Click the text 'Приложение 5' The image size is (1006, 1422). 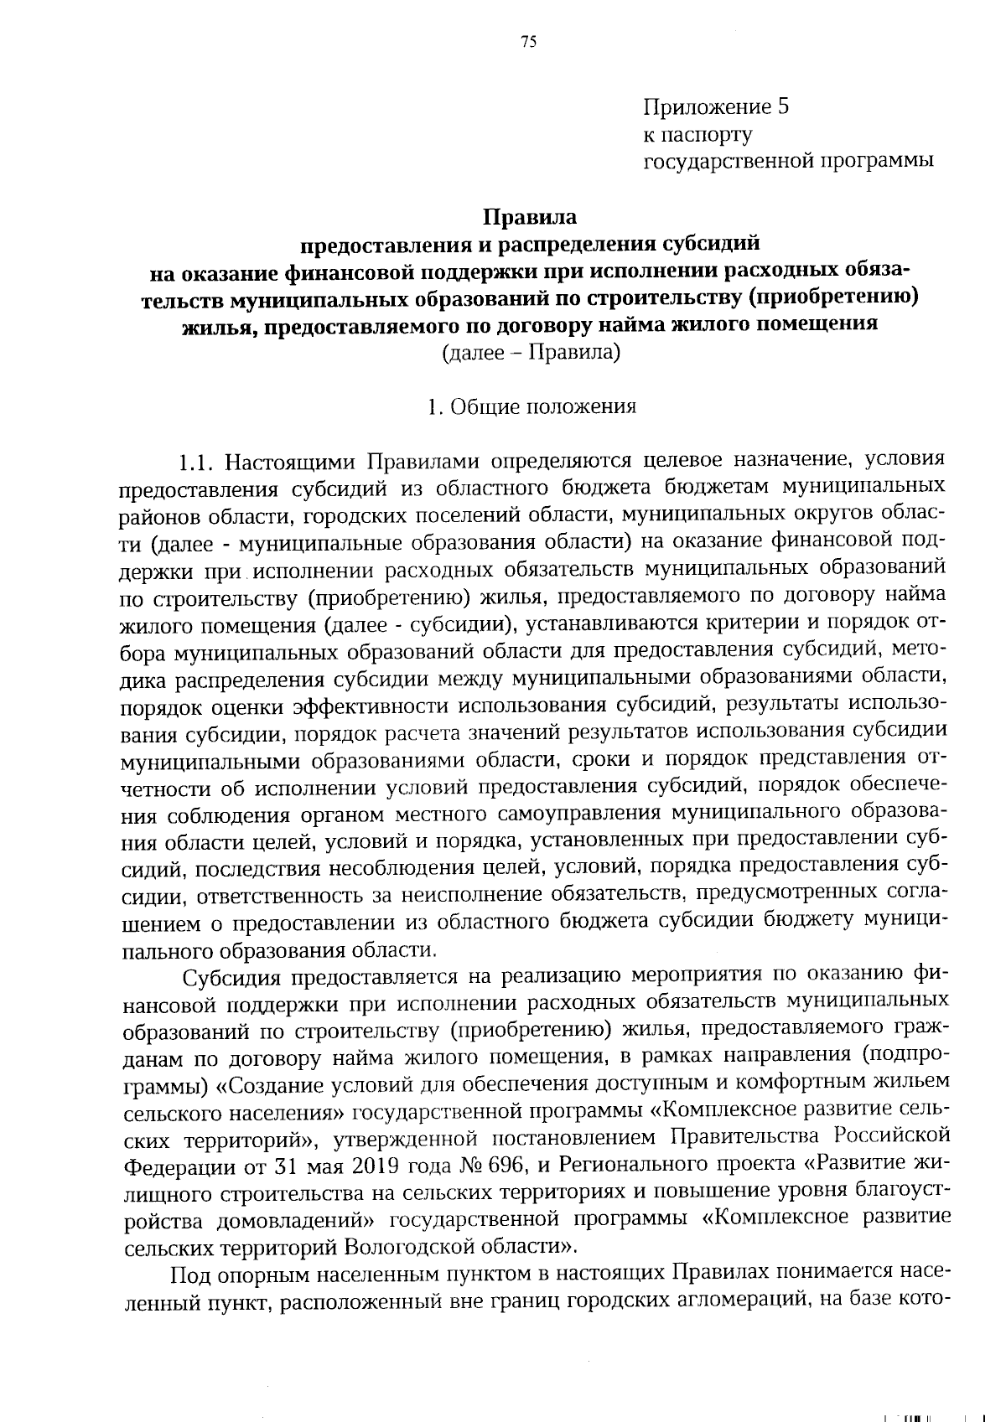click(716, 107)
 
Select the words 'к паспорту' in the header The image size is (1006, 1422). click(697, 134)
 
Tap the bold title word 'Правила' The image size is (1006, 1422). click(530, 218)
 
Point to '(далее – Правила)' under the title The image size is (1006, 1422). click(531, 353)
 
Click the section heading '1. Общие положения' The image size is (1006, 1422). click(532, 406)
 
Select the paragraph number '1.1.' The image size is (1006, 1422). click(200, 461)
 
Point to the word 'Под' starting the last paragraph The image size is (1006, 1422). click(188, 1275)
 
